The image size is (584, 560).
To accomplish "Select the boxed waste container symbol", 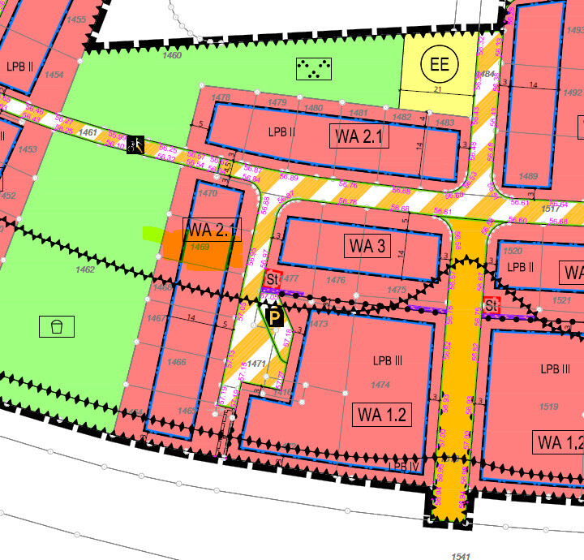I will [x=57, y=326].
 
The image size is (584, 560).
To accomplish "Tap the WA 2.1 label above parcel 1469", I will [x=210, y=230].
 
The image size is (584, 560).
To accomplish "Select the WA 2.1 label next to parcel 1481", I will [x=359, y=136].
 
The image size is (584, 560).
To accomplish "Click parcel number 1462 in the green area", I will [x=84, y=269].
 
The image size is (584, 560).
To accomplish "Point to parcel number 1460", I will [x=172, y=55].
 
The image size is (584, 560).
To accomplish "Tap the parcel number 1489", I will [x=528, y=176].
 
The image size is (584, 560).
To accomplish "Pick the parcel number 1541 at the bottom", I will [x=460, y=556].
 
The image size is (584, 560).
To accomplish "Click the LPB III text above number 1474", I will [x=387, y=360].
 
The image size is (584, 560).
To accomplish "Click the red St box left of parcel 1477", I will [x=273, y=278].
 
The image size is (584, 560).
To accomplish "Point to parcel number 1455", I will [x=76, y=19].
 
